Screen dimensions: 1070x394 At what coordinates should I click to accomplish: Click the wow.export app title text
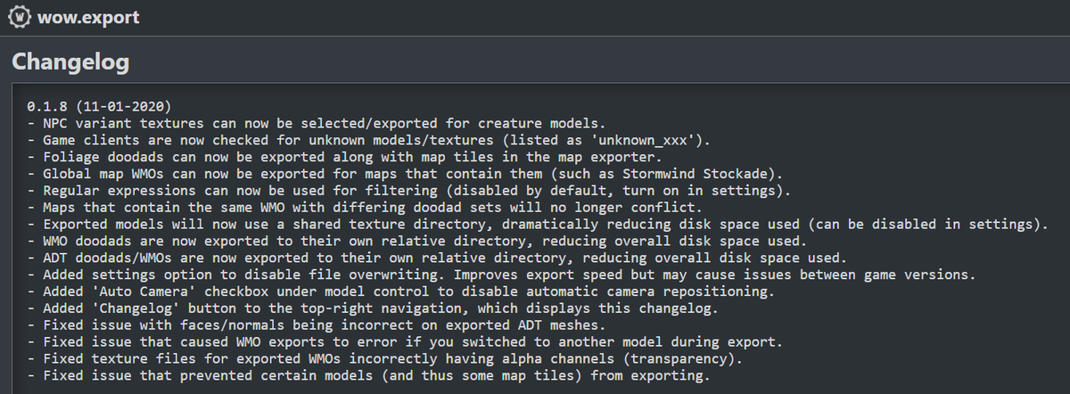tap(88, 18)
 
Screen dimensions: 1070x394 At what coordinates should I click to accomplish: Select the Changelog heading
tap(70, 62)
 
